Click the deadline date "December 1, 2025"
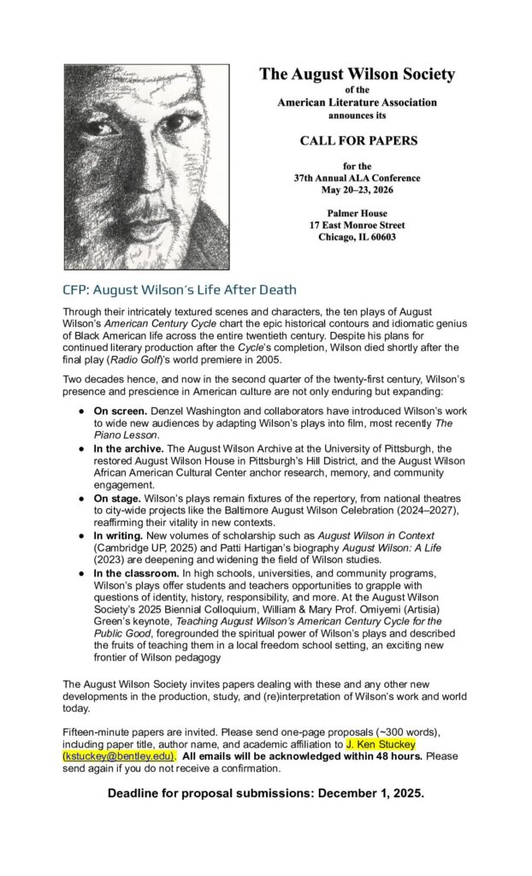(x=365, y=795)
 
